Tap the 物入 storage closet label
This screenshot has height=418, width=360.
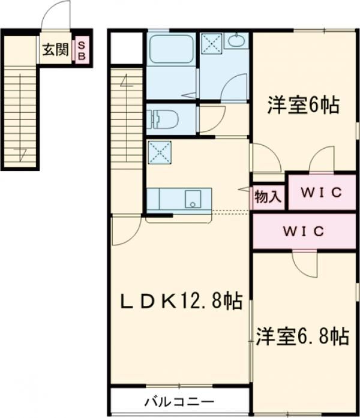pos(268,196)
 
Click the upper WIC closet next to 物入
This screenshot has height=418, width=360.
pos(321,193)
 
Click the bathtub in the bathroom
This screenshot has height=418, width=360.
pos(171,49)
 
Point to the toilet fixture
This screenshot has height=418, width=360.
pos(162,118)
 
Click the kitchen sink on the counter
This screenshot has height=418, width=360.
pos(193,199)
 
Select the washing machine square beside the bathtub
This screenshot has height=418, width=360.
pos(211,43)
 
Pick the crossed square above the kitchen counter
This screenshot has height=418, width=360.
pos(160,152)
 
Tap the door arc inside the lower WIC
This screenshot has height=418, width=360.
pos(306,264)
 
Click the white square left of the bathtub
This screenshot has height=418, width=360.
pos(126,47)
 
